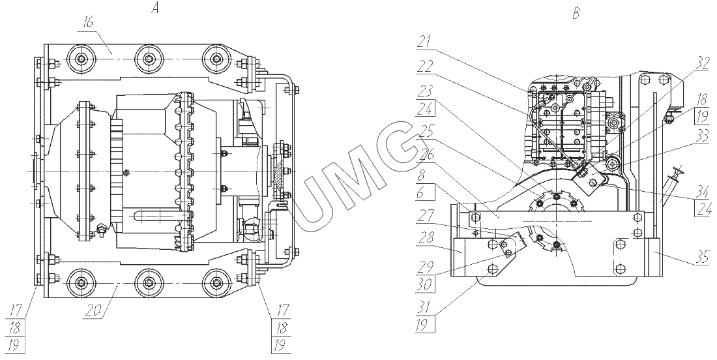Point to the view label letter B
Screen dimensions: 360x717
click(x=575, y=13)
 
